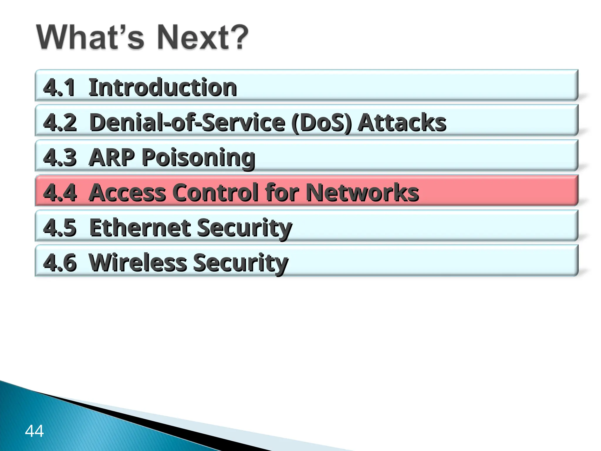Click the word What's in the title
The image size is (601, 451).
(x=90, y=38)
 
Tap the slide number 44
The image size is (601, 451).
(x=34, y=431)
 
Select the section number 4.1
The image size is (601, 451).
(x=59, y=87)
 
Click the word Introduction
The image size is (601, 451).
(x=163, y=87)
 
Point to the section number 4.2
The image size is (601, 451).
(x=60, y=122)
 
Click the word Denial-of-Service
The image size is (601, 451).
(x=187, y=122)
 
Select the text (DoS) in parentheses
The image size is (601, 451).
(x=322, y=122)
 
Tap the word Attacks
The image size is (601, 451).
(x=402, y=122)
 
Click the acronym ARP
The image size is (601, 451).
(x=112, y=157)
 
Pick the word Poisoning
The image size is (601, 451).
(x=198, y=158)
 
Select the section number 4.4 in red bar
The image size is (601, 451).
(x=60, y=193)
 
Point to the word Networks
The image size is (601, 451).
(x=362, y=193)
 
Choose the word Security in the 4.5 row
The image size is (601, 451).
(x=244, y=228)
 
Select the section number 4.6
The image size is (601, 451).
(x=60, y=262)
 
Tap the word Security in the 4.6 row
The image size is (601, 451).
(x=241, y=263)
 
